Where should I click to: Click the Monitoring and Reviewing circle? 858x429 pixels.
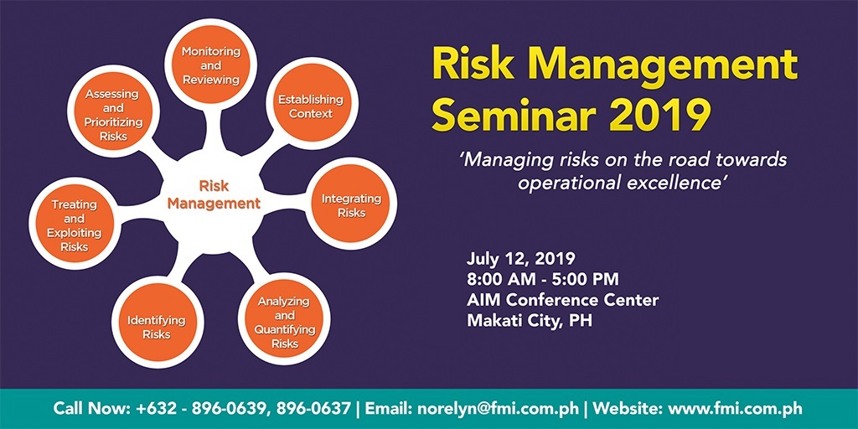point(211,65)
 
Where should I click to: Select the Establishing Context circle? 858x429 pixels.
point(311,106)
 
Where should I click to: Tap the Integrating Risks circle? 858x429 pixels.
point(351,205)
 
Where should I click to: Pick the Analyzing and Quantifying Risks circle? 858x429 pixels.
point(284,322)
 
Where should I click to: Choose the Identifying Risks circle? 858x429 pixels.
point(156,327)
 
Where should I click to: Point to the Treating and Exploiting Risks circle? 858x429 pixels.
point(74,225)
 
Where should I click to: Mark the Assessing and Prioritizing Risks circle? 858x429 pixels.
point(112,115)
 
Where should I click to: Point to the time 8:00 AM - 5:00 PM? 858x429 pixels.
point(544,279)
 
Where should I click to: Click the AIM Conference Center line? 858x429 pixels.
point(563,300)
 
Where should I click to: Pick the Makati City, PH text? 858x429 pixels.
point(530,320)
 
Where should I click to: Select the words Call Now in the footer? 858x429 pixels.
point(89,409)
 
